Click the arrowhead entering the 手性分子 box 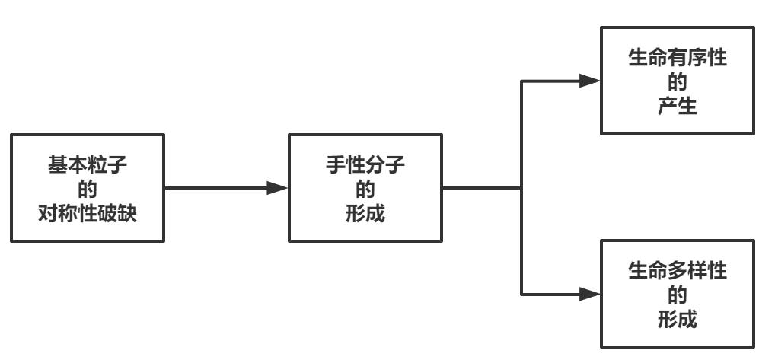pyautogui.click(x=277, y=188)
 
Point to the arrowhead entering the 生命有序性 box pyautogui.click(x=589, y=80)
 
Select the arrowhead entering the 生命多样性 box pyautogui.click(x=589, y=292)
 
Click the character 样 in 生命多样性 pyautogui.click(x=695, y=271)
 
